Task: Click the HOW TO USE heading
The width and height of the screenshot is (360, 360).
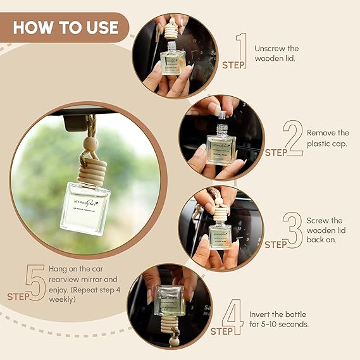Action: pyautogui.click(x=65, y=27)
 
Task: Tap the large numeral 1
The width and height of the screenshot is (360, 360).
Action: pyautogui.click(x=242, y=51)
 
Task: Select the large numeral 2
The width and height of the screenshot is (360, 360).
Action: pyautogui.click(x=292, y=139)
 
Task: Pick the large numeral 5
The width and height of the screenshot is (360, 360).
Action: pyautogui.click(x=35, y=282)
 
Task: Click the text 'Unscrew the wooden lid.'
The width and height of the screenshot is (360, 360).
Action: pyautogui.click(x=276, y=54)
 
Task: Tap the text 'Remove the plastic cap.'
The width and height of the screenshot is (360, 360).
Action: pyautogui.click(x=328, y=139)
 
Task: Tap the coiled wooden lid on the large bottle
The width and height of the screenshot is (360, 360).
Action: pyautogui.click(x=90, y=166)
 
